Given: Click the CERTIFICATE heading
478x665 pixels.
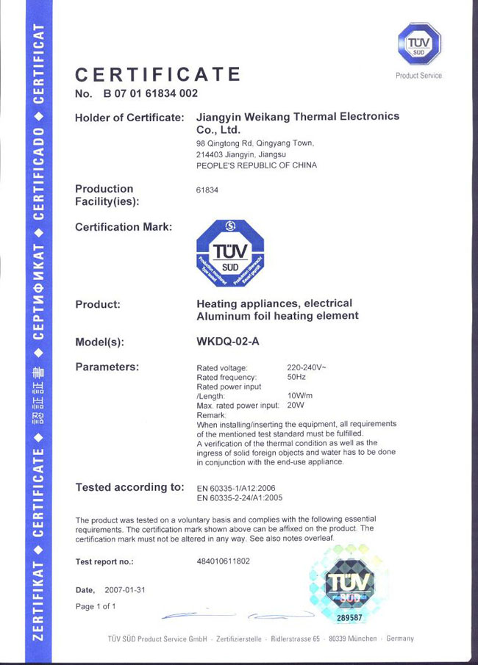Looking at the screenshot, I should (x=158, y=75).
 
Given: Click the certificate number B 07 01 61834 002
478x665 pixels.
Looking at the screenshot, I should (x=150, y=94).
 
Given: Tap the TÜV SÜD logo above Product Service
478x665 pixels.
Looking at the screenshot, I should (x=418, y=45).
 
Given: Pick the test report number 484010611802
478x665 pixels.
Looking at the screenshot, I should (x=224, y=561).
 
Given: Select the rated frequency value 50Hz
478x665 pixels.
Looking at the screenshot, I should (x=296, y=377).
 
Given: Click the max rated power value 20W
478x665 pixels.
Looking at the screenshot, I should (x=296, y=406).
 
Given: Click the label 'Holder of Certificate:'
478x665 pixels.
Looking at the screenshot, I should (x=129, y=118).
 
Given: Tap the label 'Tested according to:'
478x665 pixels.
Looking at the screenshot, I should (x=130, y=487).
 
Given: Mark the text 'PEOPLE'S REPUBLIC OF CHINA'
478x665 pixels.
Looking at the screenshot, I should (x=257, y=165).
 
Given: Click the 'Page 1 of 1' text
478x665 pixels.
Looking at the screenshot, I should (x=96, y=606).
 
